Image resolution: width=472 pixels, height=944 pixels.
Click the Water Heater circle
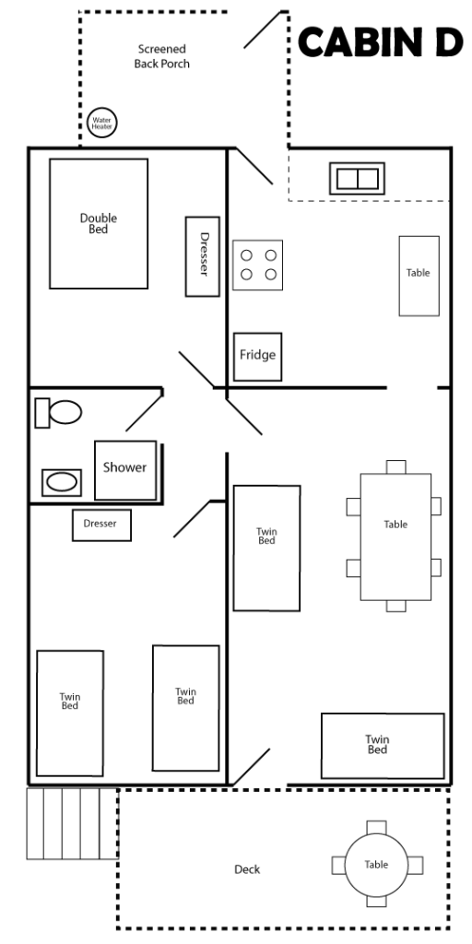pyautogui.click(x=101, y=123)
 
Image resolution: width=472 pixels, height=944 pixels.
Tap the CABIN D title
pyautogui.click(x=381, y=42)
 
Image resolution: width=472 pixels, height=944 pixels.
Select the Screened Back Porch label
pyautogui.click(x=161, y=56)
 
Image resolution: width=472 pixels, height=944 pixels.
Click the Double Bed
pyautogui.click(x=99, y=223)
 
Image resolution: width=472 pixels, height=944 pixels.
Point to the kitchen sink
pyautogui.click(x=357, y=178)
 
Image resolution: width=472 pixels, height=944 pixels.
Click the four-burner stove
pyautogui.click(x=258, y=265)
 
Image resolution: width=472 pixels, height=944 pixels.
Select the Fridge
pyautogui.click(x=258, y=357)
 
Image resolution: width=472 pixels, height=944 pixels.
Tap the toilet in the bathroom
pyautogui.click(x=58, y=413)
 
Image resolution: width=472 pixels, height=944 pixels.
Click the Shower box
pyautogui.click(x=125, y=470)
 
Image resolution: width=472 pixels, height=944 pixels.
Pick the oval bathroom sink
pyautogui.click(x=62, y=482)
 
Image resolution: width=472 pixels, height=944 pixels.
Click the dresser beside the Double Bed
pyautogui.click(x=202, y=256)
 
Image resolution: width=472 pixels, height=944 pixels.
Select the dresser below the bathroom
pyautogui.click(x=101, y=525)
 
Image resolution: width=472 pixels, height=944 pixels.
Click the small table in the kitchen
pyautogui.click(x=419, y=276)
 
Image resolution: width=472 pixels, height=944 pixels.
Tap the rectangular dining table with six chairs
pyautogui.click(x=395, y=537)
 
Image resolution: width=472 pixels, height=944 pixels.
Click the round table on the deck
pyautogui.click(x=376, y=865)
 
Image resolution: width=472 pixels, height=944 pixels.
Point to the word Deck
pyautogui.click(x=247, y=869)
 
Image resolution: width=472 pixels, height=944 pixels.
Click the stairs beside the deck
pyautogui.click(x=72, y=823)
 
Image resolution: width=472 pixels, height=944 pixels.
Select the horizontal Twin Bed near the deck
pyautogui.click(x=383, y=746)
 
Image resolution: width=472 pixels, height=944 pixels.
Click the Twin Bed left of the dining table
pyautogui.click(x=266, y=548)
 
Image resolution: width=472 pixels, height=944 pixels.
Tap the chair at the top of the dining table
pyautogui.click(x=396, y=466)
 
